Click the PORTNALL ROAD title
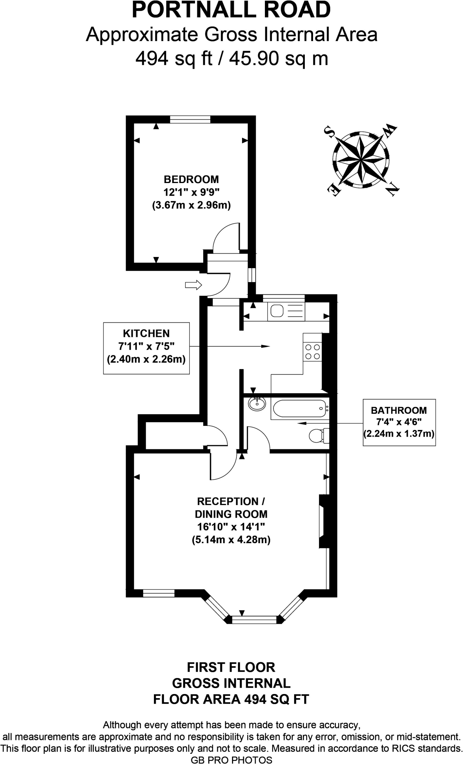pyautogui.click(x=231, y=10)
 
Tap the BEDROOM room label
pyautogui.click(x=191, y=179)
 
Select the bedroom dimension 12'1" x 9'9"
pyautogui.click(x=191, y=192)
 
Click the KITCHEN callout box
pyautogui.click(x=146, y=346)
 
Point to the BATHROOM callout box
pyautogui.click(x=399, y=422)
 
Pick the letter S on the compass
pyautogui.click(x=329, y=131)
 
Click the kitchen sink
pyautogui.click(x=277, y=311)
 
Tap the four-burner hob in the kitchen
pyautogui.click(x=313, y=351)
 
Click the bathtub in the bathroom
pyautogui.click(x=298, y=409)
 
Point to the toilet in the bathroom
pyautogui.click(x=318, y=435)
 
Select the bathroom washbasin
pyautogui.click(x=257, y=403)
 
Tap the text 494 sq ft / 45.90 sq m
pyautogui.click(x=232, y=58)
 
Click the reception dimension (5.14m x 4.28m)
pyautogui.click(x=231, y=540)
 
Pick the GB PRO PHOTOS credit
pyautogui.click(x=232, y=760)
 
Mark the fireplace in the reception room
pyautogui.click(x=323, y=521)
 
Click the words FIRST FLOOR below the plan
pyautogui.click(x=231, y=667)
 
